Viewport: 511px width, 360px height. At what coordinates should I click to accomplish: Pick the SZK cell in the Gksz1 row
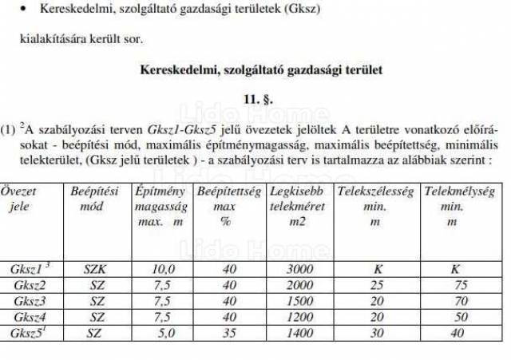tap(95, 270)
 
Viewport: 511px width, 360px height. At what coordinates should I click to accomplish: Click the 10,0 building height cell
tap(162, 270)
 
